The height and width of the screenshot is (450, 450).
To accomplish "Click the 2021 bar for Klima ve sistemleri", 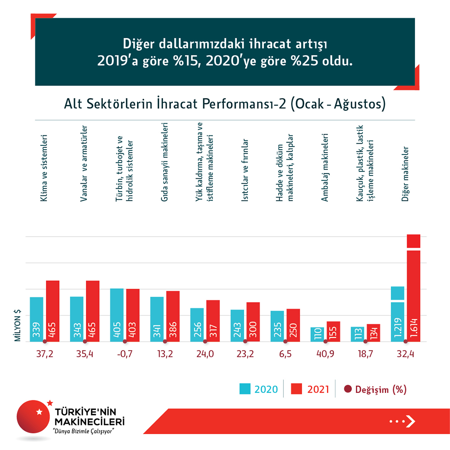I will point(52,311).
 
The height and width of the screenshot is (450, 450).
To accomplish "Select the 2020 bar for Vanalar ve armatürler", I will point(77,319).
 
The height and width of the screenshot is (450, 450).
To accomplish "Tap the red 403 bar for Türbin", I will point(132,315).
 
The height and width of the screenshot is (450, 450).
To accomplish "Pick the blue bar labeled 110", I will point(317,334).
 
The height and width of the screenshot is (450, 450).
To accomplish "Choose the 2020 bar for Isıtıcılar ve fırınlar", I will point(237,325).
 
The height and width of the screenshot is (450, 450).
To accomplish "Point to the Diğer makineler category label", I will point(405,174).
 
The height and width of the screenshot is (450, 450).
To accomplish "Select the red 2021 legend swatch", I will point(297,389).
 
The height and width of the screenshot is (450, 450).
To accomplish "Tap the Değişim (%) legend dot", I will point(348,390).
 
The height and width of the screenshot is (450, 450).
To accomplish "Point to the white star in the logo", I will point(40,412).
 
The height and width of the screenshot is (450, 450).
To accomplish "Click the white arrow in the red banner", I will point(410,421).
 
